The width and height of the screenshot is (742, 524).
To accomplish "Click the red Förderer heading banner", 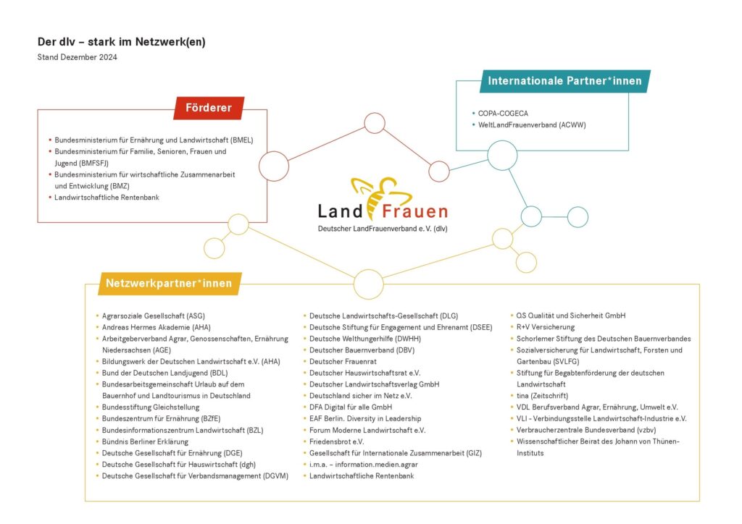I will click(209, 109).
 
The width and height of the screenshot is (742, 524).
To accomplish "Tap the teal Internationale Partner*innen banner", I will click(564, 81).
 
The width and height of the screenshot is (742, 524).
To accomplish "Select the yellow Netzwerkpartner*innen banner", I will click(169, 283).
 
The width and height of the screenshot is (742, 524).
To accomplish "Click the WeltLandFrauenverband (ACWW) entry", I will click(531, 125).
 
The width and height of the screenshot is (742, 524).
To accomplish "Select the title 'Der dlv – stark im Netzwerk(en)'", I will click(122, 42).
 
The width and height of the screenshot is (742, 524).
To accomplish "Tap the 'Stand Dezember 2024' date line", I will click(78, 57).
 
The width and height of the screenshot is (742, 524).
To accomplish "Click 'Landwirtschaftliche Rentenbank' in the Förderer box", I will click(107, 197).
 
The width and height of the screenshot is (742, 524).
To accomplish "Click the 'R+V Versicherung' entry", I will click(546, 327).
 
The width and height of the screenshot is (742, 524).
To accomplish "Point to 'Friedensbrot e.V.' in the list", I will click(336, 441).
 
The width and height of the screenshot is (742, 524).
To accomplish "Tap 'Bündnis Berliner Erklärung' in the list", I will click(145, 441).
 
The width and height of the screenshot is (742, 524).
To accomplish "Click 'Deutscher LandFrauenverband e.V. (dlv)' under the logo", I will click(383, 229).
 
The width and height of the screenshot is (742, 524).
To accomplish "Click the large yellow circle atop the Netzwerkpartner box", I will click(369, 284).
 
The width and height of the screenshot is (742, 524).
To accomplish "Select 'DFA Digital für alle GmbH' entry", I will click(351, 407).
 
